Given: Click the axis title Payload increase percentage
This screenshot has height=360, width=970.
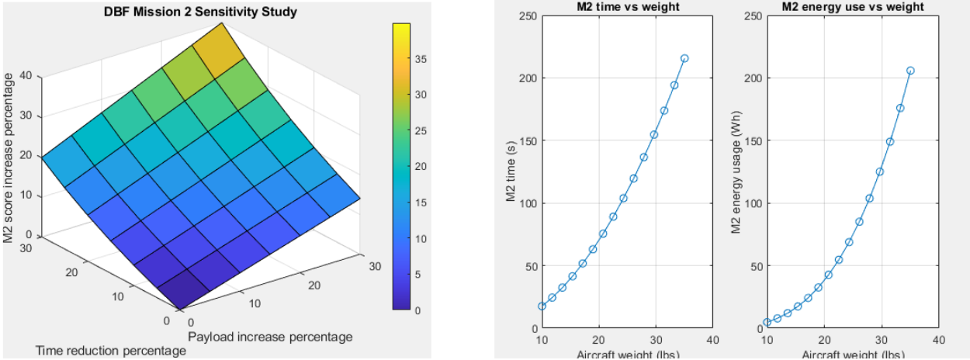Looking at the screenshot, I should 270,337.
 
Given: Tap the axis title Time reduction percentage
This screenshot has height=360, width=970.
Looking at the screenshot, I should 111,351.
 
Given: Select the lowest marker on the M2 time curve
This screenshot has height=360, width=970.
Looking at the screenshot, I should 542,306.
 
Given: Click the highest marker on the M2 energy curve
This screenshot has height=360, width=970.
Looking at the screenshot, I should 910,71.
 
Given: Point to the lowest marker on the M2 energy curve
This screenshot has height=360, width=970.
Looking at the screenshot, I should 767,322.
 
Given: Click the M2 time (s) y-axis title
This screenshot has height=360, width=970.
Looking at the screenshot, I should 511,172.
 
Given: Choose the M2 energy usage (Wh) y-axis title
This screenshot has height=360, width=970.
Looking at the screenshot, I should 736,172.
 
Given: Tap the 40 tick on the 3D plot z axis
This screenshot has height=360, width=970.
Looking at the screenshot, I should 27,76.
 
